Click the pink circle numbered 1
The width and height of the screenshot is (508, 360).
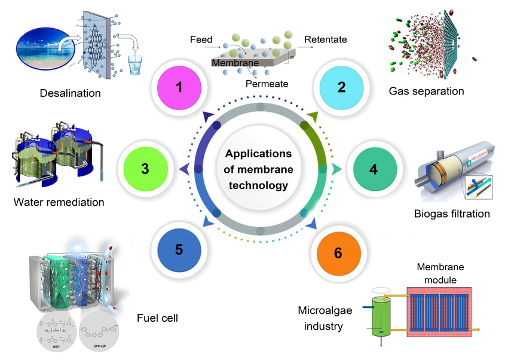tap(179, 87)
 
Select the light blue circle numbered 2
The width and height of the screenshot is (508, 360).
tap(341, 87)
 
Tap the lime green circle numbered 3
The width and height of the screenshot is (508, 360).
tap(145, 169)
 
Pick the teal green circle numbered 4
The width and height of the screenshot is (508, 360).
tap(373, 169)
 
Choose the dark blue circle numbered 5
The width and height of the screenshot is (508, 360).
tap(179, 249)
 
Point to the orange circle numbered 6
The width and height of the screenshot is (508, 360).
tap(338, 252)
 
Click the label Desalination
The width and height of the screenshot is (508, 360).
tap(70, 93)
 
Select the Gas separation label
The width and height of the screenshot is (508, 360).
tap(426, 91)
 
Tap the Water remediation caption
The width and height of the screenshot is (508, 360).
tap(59, 202)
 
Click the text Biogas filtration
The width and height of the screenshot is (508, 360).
tap(452, 213)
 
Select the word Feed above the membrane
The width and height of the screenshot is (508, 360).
tap(201, 40)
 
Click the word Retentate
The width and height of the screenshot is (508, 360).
tap(326, 40)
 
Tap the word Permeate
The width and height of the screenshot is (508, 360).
tap(267, 84)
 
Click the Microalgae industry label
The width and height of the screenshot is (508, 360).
tap(321, 318)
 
